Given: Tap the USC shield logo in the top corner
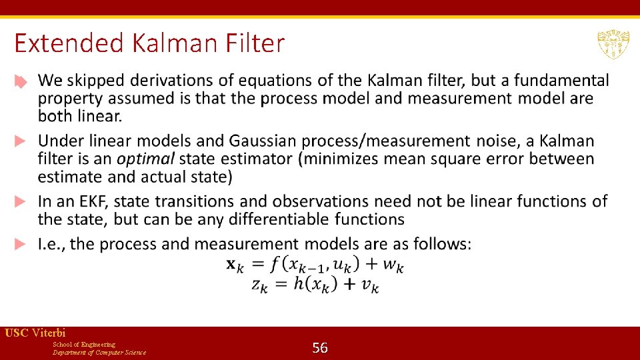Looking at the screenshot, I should click(613, 45).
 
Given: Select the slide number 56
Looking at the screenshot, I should click(320, 347).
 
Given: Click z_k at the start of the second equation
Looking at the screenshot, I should click(261, 285).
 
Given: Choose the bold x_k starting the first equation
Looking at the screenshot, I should click(235, 265).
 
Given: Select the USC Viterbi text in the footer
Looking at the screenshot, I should click(35, 333).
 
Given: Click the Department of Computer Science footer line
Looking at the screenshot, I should click(99, 352).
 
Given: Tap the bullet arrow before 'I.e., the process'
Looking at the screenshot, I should click(21, 245).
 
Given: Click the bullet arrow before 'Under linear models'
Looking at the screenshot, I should click(21, 141).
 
